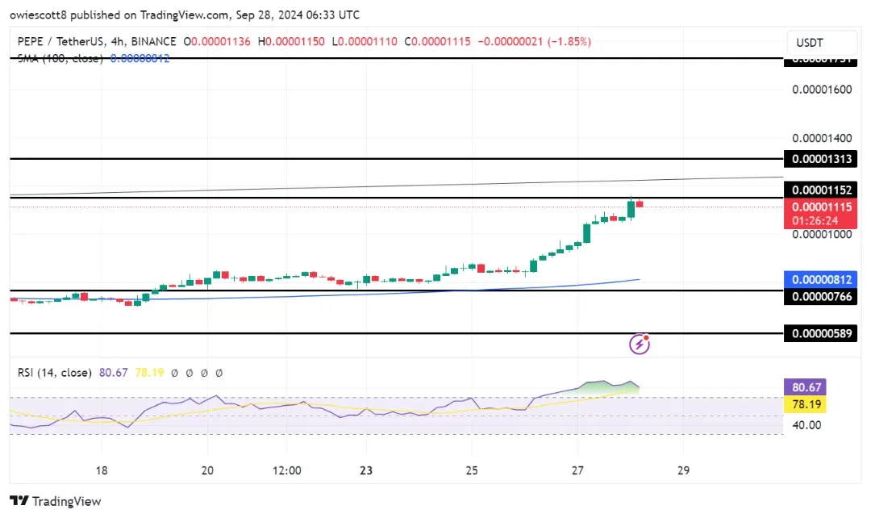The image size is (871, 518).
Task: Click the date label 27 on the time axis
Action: coord(577,470)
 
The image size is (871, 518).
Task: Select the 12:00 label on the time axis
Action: coord(287,470)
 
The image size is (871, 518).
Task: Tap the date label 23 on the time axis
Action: coord(365,470)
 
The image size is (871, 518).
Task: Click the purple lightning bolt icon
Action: coord(640,345)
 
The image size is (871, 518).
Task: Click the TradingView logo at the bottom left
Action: coord(56,501)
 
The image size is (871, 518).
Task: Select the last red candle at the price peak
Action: coord(640,203)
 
